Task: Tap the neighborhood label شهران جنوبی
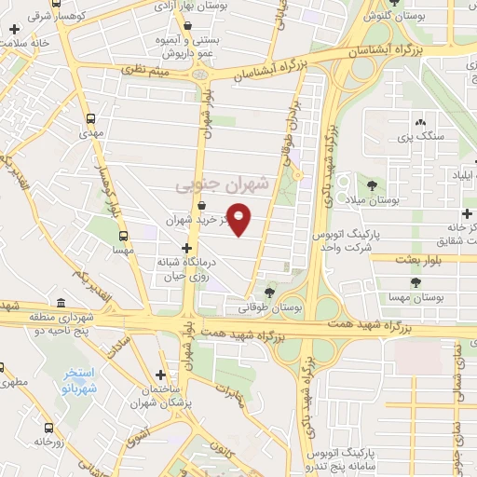coord(222,184)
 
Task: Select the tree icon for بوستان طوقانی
coord(271,291)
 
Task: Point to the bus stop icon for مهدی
coord(91,119)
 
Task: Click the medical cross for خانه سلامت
coord(14,29)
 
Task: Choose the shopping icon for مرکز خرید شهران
coord(202,207)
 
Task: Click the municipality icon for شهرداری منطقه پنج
coord(61,303)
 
